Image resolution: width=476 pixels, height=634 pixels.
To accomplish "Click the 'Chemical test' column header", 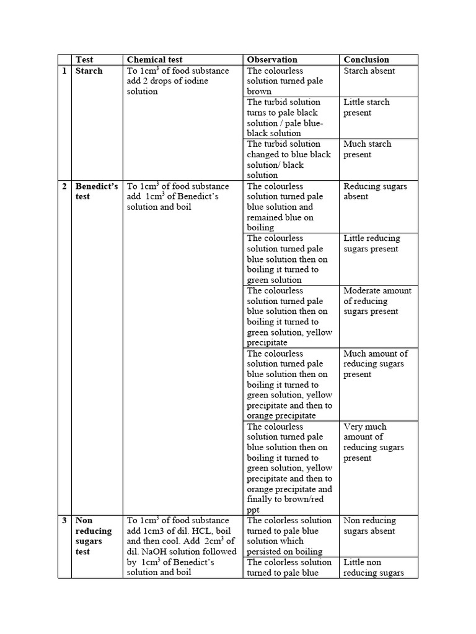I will [155, 60].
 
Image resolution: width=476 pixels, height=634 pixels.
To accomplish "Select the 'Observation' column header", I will [272, 60].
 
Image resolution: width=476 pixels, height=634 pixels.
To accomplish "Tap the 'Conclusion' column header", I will [366, 60].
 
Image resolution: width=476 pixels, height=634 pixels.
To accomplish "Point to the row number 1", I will [64, 71].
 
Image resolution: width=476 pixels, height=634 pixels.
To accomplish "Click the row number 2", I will [64, 186].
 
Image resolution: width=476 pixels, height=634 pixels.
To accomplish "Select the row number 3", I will [64, 521].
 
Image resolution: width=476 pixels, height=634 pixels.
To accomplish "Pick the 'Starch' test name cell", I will [89, 71].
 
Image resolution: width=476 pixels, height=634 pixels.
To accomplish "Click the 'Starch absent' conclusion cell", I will [369, 71].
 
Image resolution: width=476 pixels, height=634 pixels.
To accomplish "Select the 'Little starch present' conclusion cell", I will [366, 107].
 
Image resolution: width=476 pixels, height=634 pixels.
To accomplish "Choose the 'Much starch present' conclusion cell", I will [368, 149].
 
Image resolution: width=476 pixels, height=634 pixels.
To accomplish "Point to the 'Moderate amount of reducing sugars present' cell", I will [377, 301].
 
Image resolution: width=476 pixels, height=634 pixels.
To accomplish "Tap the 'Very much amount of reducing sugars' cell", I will [374, 442].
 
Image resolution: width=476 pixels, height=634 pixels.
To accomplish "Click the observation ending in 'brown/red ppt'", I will [289, 468].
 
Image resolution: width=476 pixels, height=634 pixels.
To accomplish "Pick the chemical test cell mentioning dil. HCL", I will [182, 547].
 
